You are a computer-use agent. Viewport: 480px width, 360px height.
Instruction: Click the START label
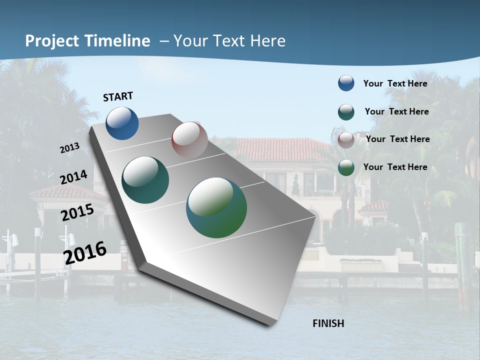[x=118, y=96]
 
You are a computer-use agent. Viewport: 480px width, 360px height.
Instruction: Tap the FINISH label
[x=328, y=323]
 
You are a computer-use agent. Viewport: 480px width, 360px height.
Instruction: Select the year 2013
[x=69, y=148]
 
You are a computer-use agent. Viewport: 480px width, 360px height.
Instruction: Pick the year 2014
[x=73, y=177]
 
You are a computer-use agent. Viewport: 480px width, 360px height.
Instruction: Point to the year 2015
[x=77, y=212]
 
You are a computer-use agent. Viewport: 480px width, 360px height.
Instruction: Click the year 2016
[x=85, y=252]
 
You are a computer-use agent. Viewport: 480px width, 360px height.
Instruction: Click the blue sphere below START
[x=122, y=123]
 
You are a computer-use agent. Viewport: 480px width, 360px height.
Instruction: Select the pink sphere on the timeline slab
[x=189, y=139]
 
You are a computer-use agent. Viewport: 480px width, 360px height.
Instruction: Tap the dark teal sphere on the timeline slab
[x=145, y=180]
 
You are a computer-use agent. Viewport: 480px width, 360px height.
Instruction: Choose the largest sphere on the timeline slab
[x=216, y=207]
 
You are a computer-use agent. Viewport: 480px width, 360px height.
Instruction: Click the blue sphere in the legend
[x=346, y=83]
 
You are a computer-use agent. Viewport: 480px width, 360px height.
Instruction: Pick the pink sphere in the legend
[x=346, y=140]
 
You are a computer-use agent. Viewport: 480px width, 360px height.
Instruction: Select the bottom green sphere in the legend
[x=346, y=167]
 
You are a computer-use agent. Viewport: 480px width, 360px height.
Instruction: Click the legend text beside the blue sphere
[x=395, y=83]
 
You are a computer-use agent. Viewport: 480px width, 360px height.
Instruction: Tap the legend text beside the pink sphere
[x=397, y=139]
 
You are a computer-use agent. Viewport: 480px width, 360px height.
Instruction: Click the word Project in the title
[x=52, y=41]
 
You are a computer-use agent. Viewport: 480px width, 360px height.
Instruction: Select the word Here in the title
[x=267, y=41]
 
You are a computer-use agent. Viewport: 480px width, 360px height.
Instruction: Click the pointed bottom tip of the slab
[x=272, y=324]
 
